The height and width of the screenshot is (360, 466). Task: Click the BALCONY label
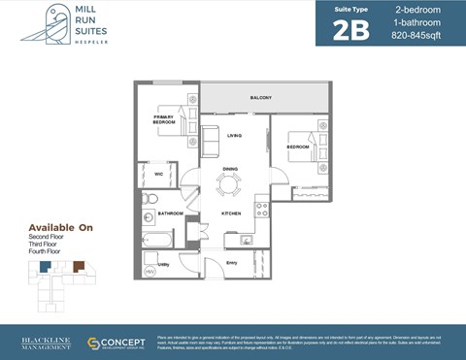point(260,98)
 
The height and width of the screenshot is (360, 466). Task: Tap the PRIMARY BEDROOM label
point(164,119)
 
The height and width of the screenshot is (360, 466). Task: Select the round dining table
point(230,180)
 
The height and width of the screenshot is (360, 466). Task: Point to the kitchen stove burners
point(261,208)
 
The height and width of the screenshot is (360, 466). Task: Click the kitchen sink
point(247,239)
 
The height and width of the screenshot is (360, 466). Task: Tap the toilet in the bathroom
point(150,200)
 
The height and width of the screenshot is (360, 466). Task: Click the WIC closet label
point(158,175)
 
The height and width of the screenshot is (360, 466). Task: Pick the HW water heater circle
point(150,272)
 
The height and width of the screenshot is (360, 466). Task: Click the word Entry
point(231,263)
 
